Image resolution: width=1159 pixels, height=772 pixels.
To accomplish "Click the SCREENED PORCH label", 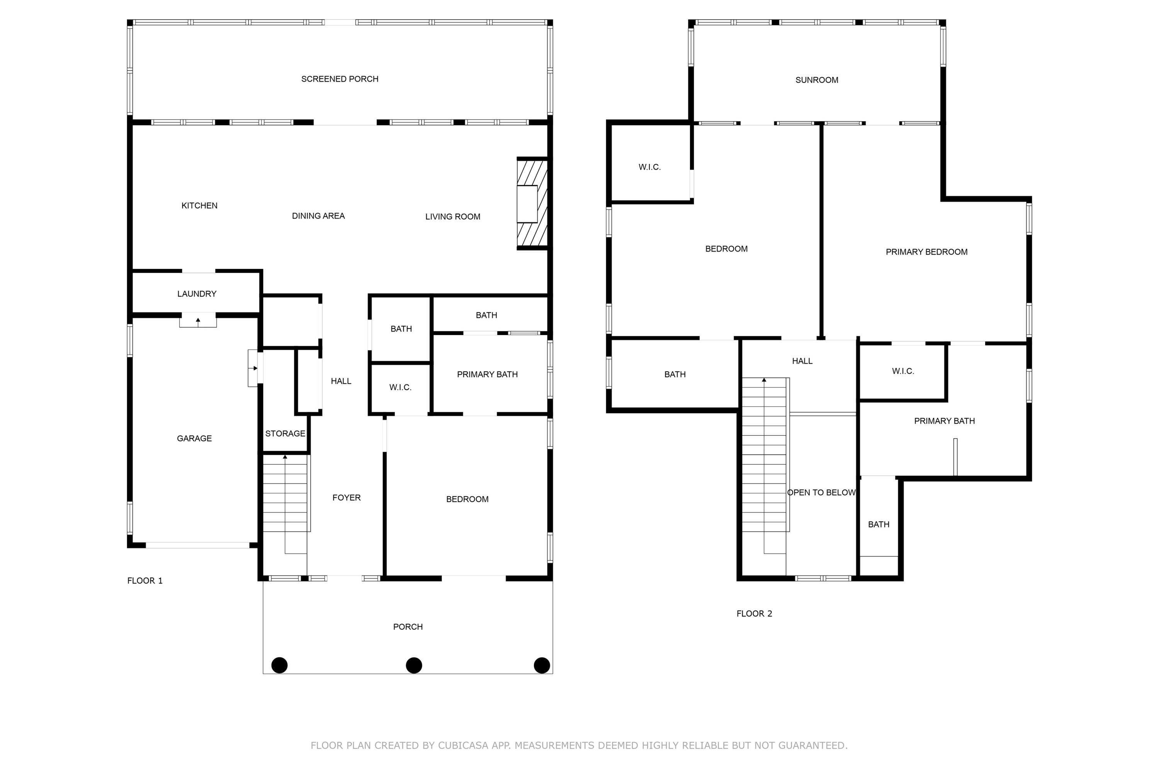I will coord(340,79).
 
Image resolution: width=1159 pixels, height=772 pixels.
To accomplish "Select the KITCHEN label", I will coord(199,205).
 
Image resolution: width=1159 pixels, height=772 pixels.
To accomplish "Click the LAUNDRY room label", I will coord(197,293).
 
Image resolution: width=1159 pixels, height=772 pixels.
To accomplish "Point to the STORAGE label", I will coord(285,433).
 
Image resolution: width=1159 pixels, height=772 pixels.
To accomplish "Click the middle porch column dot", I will coord(413,665).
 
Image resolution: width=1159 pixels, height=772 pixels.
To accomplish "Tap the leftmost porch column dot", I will coord(279,665).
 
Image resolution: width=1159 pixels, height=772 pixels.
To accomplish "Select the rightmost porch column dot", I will coord(542,665).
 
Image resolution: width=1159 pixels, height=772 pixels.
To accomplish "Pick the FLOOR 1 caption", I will coord(144,581).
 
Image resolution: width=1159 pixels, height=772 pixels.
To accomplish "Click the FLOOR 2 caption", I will coord(754,613).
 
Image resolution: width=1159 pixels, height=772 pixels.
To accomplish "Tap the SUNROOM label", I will coord(817,80).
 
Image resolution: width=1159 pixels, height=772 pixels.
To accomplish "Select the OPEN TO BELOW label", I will coord(821,493).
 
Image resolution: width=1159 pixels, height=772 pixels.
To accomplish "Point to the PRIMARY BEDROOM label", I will coord(926,252).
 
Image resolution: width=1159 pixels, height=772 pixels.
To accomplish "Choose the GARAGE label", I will coord(194,438).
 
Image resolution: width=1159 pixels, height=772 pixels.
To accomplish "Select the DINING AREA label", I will coord(318,216).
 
